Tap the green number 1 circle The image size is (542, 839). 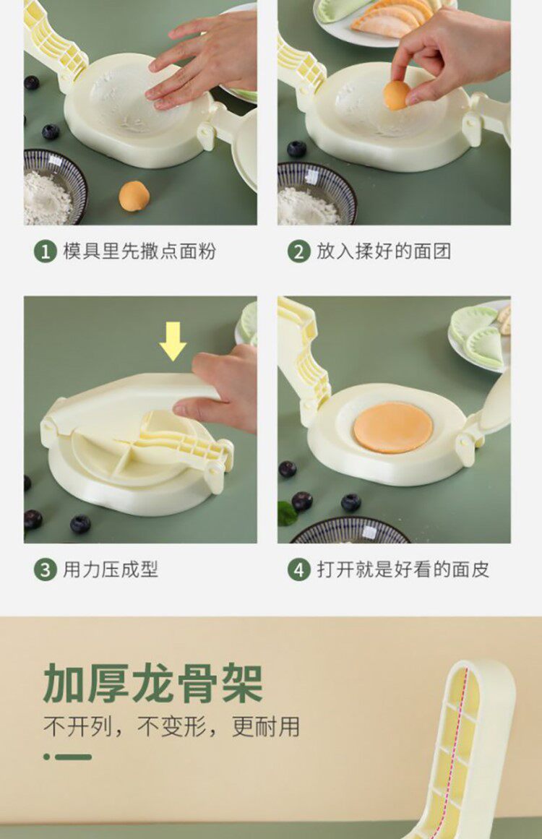pyautogui.click(x=46, y=251)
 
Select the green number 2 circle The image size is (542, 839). pyautogui.click(x=298, y=251)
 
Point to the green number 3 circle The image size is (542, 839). pyautogui.click(x=46, y=570)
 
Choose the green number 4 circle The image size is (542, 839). pyautogui.click(x=298, y=570)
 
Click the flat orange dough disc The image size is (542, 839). pyautogui.click(x=393, y=428)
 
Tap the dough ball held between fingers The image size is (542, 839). pyautogui.click(x=397, y=95)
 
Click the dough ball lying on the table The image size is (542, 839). pyautogui.click(x=133, y=197)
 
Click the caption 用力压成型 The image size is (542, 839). pyautogui.click(x=111, y=569)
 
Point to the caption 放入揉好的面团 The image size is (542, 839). pyautogui.click(x=384, y=251)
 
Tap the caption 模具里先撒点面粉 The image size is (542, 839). pyautogui.click(x=139, y=251)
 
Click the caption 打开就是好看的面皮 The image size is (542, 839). pyautogui.click(x=403, y=569)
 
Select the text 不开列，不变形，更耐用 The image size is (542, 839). pyautogui.click(x=171, y=727)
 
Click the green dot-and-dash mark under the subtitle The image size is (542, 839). pyautogui.click(x=67, y=757)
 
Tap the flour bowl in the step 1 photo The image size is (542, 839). pyautogui.click(x=53, y=187)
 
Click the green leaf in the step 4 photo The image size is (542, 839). pyautogui.click(x=288, y=513)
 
